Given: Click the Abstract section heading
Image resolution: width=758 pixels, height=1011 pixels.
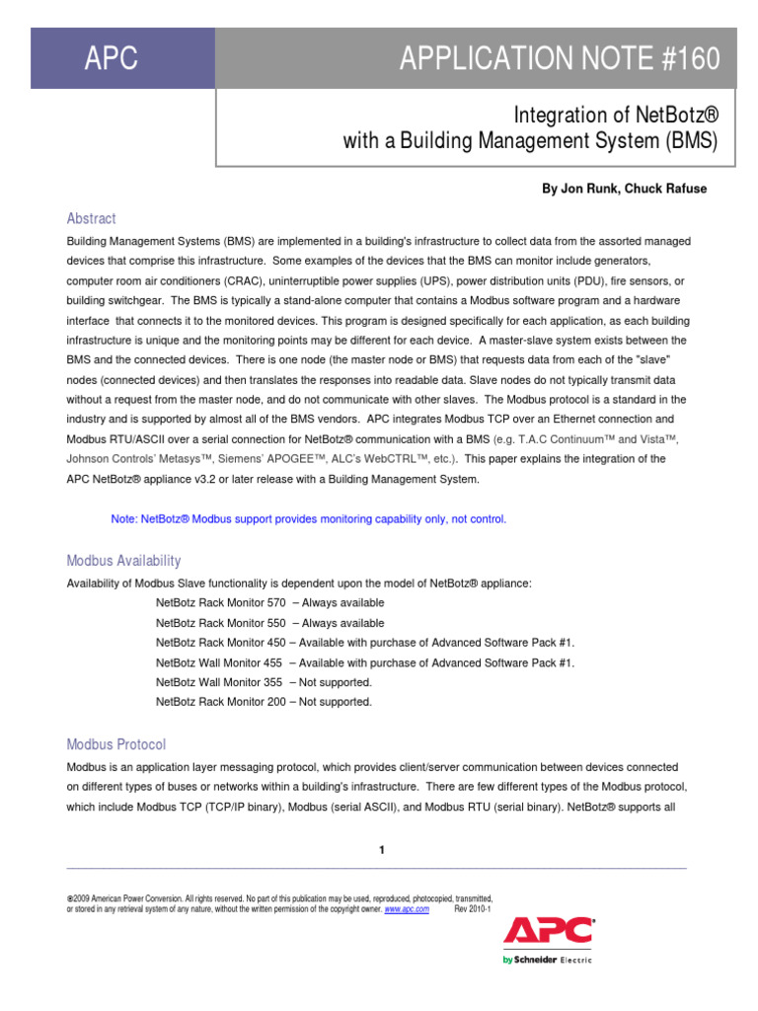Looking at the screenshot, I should (x=91, y=218).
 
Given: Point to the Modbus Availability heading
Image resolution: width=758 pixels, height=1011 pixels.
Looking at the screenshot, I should (x=123, y=561).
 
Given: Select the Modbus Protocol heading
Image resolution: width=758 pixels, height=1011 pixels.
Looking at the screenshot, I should (x=115, y=744).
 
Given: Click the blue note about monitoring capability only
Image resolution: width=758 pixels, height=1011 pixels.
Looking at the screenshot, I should (x=309, y=519).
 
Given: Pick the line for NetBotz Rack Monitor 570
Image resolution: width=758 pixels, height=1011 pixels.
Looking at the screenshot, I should (x=270, y=603).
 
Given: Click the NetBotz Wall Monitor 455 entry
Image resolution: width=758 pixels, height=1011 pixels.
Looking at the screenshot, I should (x=365, y=662).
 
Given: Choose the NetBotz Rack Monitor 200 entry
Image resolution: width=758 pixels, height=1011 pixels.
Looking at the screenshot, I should (x=264, y=702).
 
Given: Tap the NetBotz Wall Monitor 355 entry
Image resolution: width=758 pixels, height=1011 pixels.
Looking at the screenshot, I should (x=264, y=682).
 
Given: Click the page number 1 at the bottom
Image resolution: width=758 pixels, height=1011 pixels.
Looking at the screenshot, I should (x=381, y=850).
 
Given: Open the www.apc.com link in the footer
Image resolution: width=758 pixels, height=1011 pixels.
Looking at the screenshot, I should (x=407, y=909).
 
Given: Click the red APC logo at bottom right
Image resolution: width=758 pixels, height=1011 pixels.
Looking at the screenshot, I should (x=549, y=931).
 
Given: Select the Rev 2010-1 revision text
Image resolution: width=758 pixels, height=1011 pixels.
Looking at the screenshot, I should (x=472, y=909).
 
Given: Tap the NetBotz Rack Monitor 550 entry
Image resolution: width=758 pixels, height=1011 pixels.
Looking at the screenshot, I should (x=270, y=623).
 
